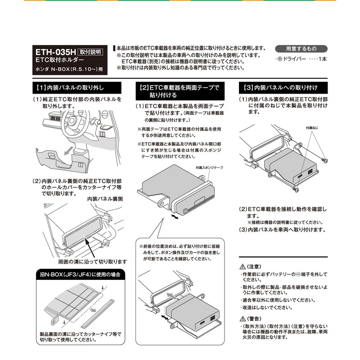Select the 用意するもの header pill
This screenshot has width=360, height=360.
[x=301, y=49]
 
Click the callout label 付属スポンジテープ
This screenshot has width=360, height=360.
[x=209, y=167]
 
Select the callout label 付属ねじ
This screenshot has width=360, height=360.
[x=312, y=128]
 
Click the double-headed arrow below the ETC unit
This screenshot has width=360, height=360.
[x=177, y=217]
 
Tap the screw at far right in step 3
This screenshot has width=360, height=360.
[x=325, y=160]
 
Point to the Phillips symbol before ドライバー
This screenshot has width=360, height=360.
[x=279, y=59]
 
